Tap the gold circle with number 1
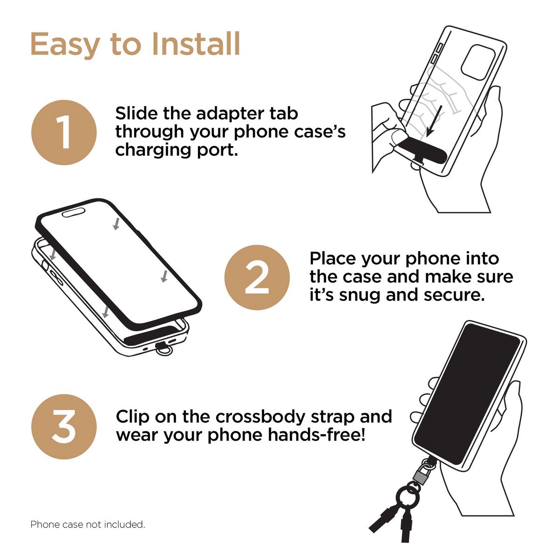(64, 133)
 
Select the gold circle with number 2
(257, 278)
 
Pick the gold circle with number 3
(64, 427)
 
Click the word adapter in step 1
(227, 114)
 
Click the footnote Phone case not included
(88, 525)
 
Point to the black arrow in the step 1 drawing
(434, 121)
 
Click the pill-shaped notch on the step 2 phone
(74, 212)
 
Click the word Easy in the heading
(66, 46)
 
